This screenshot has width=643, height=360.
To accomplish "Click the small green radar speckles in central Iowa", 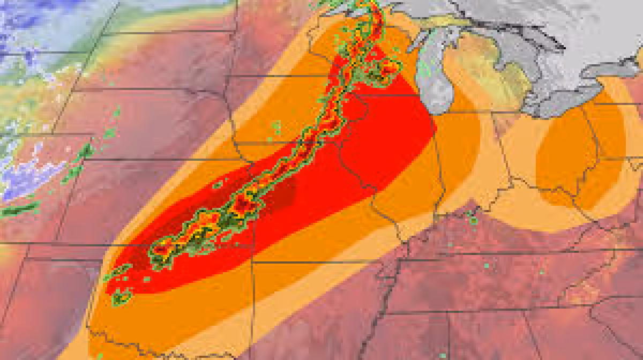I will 276,127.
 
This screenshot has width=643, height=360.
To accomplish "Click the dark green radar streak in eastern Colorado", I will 19,210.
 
